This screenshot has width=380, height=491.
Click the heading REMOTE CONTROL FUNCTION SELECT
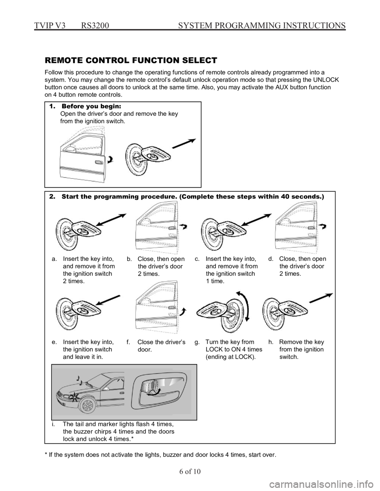[131, 60]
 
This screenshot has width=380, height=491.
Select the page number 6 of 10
[190, 471]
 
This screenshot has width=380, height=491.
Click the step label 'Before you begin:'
[91, 106]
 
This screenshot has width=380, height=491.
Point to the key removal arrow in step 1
[184, 144]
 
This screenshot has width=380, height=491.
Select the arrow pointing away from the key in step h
[321, 298]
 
